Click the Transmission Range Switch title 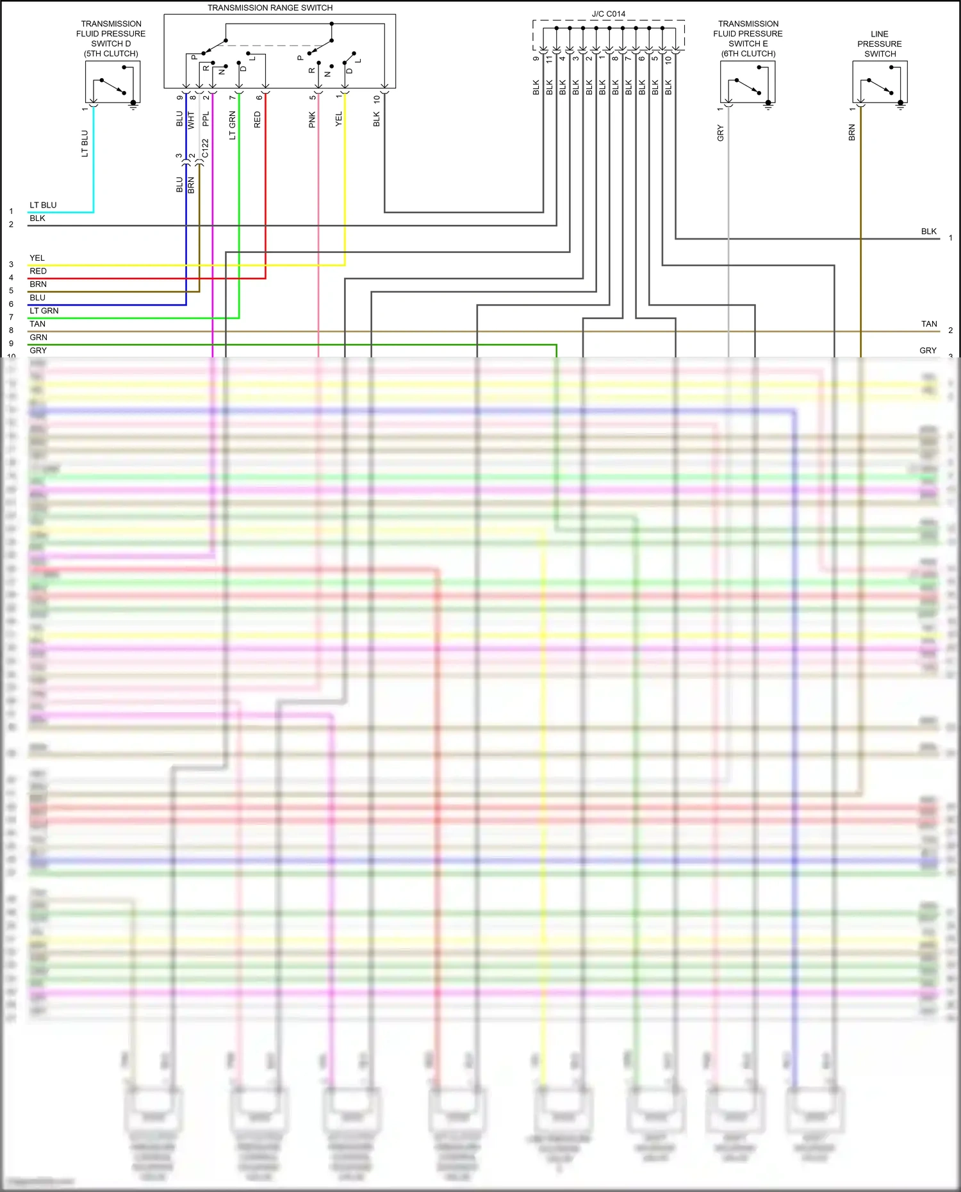(x=270, y=8)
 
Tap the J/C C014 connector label (x=608, y=13)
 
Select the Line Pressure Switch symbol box (x=880, y=81)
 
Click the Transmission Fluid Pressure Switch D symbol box (x=112, y=81)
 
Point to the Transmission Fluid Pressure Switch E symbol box (x=748, y=81)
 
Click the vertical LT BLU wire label (x=85, y=143)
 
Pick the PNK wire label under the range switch (x=312, y=120)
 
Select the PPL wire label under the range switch (x=206, y=119)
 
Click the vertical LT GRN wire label (x=232, y=126)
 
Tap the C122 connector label (x=205, y=149)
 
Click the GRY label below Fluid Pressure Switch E (x=720, y=133)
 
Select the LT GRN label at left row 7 (x=44, y=311)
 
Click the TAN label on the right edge (x=929, y=324)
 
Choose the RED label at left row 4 (x=38, y=271)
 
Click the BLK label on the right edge (x=928, y=231)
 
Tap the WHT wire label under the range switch (x=191, y=120)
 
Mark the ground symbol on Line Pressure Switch (x=900, y=106)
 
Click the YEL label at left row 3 (x=37, y=258)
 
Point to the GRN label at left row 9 (x=38, y=338)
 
